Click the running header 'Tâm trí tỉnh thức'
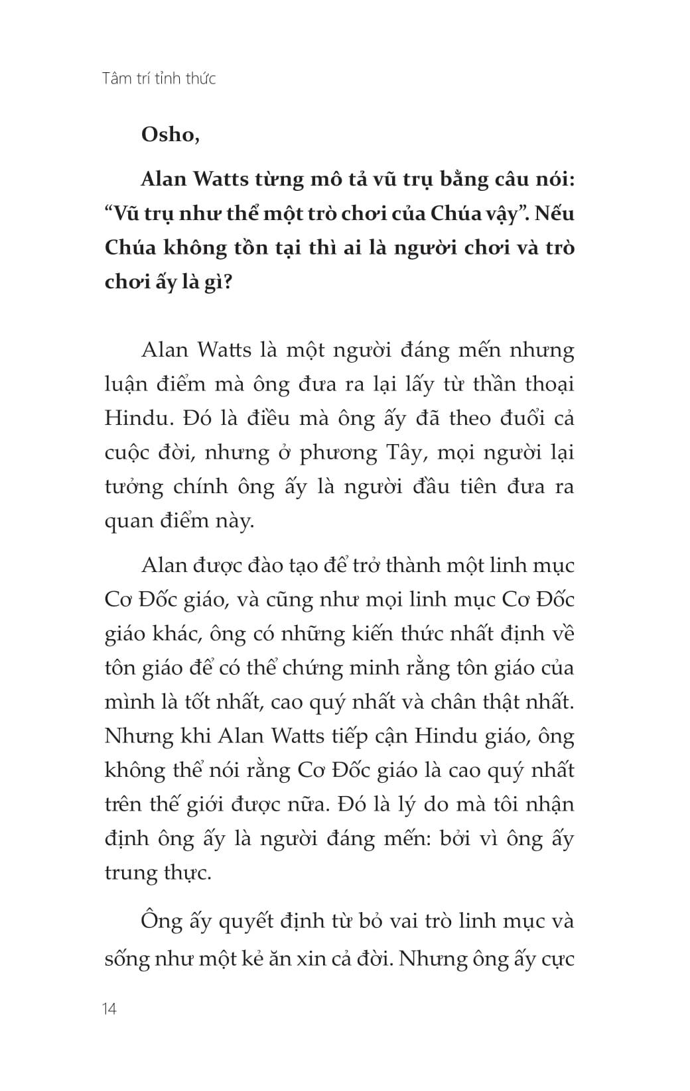160,79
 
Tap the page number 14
110,1009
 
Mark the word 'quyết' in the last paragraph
237,922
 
